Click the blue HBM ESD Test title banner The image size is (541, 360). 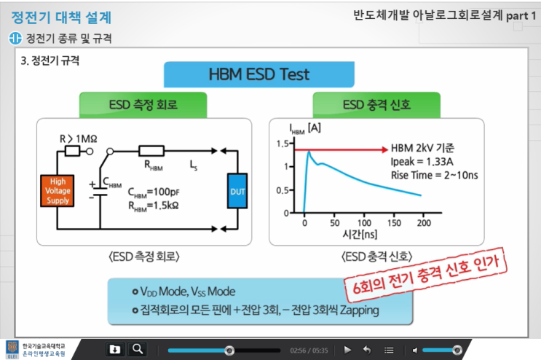259,74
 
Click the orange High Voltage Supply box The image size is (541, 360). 58,192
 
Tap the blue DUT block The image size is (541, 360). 238,191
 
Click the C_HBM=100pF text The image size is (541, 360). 151,192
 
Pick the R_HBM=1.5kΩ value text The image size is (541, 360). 151,206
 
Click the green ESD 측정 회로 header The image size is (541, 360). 143,104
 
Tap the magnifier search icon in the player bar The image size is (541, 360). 138,349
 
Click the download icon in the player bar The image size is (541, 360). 114,349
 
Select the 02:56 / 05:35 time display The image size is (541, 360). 309,351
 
